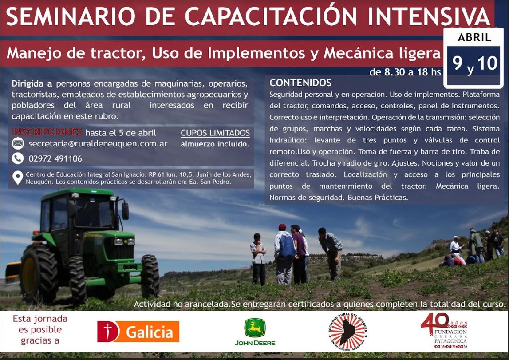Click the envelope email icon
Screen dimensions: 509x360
tap(18, 143)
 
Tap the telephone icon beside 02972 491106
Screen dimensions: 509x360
tap(18, 158)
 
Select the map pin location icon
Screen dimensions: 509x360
tap(18, 178)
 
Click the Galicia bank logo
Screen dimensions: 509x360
tap(138, 332)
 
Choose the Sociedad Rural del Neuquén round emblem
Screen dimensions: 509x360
tap(347, 332)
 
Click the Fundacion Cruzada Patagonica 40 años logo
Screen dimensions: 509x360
tap(444, 331)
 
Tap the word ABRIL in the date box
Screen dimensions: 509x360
tap(474, 37)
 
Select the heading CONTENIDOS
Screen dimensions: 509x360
tap(300, 83)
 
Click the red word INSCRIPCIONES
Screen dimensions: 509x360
tap(47, 132)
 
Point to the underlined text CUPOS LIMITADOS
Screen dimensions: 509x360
tap(215, 133)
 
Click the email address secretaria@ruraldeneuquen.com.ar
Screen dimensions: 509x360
tap(98, 144)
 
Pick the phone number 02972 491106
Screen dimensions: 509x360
tap(55, 159)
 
